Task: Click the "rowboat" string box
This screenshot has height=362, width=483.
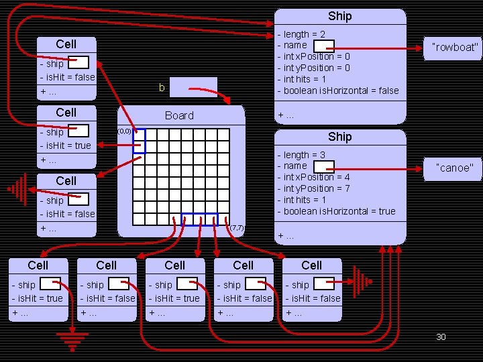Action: (x=456, y=47)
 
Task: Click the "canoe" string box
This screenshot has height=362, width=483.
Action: (x=455, y=168)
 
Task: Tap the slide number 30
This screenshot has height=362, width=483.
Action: (x=441, y=337)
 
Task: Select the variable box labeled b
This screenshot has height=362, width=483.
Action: (x=193, y=87)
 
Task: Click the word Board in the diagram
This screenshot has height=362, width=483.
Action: (x=179, y=115)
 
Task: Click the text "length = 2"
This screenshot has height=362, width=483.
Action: (x=305, y=34)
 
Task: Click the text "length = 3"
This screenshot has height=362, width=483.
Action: (x=305, y=155)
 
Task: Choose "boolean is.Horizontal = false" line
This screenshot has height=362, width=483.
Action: (x=341, y=90)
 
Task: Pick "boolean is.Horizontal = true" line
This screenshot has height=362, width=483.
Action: (x=339, y=211)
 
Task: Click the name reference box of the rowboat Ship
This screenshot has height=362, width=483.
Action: (x=324, y=46)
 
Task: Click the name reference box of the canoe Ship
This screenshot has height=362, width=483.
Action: (x=324, y=166)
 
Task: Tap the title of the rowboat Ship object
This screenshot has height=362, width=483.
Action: (x=339, y=16)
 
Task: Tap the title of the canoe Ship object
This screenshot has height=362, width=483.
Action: (x=339, y=137)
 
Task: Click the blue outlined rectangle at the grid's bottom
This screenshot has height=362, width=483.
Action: (x=200, y=219)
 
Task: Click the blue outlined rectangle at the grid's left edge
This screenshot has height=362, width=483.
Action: (x=139, y=141)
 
